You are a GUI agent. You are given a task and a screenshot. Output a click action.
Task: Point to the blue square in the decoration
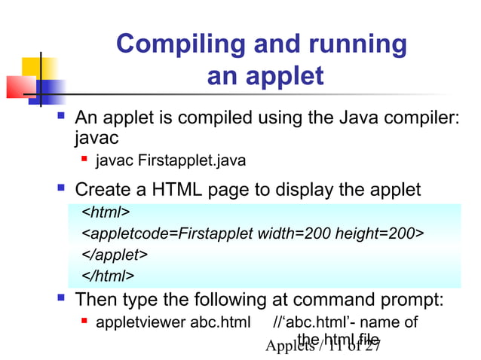point(51,91)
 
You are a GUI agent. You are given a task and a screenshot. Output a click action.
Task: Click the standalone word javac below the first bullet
point(97,139)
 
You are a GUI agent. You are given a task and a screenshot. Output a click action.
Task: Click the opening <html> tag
point(106,212)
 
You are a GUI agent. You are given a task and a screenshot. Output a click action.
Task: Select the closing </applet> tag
point(114,255)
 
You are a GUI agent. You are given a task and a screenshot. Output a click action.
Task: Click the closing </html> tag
point(108,276)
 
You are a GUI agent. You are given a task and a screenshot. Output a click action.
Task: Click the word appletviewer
point(140,323)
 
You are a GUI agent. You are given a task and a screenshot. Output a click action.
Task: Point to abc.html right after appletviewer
point(220,323)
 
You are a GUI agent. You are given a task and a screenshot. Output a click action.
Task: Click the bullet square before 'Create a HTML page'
point(63,188)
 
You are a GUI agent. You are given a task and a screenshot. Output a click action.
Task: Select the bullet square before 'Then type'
point(63,300)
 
